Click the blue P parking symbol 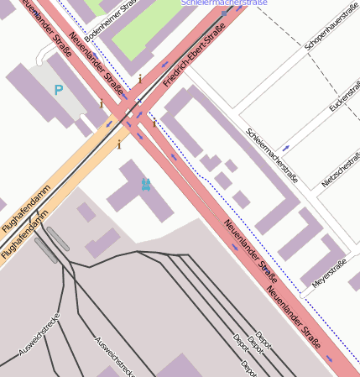click(x=58, y=90)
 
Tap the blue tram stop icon click(x=146, y=184)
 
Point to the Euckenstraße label click(x=344, y=98)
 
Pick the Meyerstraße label click(x=330, y=275)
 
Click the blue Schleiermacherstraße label click(x=224, y=3)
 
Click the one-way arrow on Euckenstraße click(x=286, y=148)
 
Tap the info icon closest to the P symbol click(x=102, y=103)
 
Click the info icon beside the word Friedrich click(x=140, y=79)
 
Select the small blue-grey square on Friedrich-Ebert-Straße click(x=139, y=102)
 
